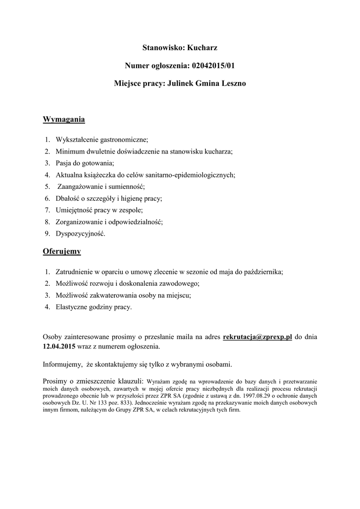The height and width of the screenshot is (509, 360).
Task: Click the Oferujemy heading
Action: pyautogui.click(x=62, y=252)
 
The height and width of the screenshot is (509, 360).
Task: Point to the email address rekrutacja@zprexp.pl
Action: pyautogui.click(x=258, y=337)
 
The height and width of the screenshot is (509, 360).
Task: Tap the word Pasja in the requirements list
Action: pyautogui.click(x=64, y=163)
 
